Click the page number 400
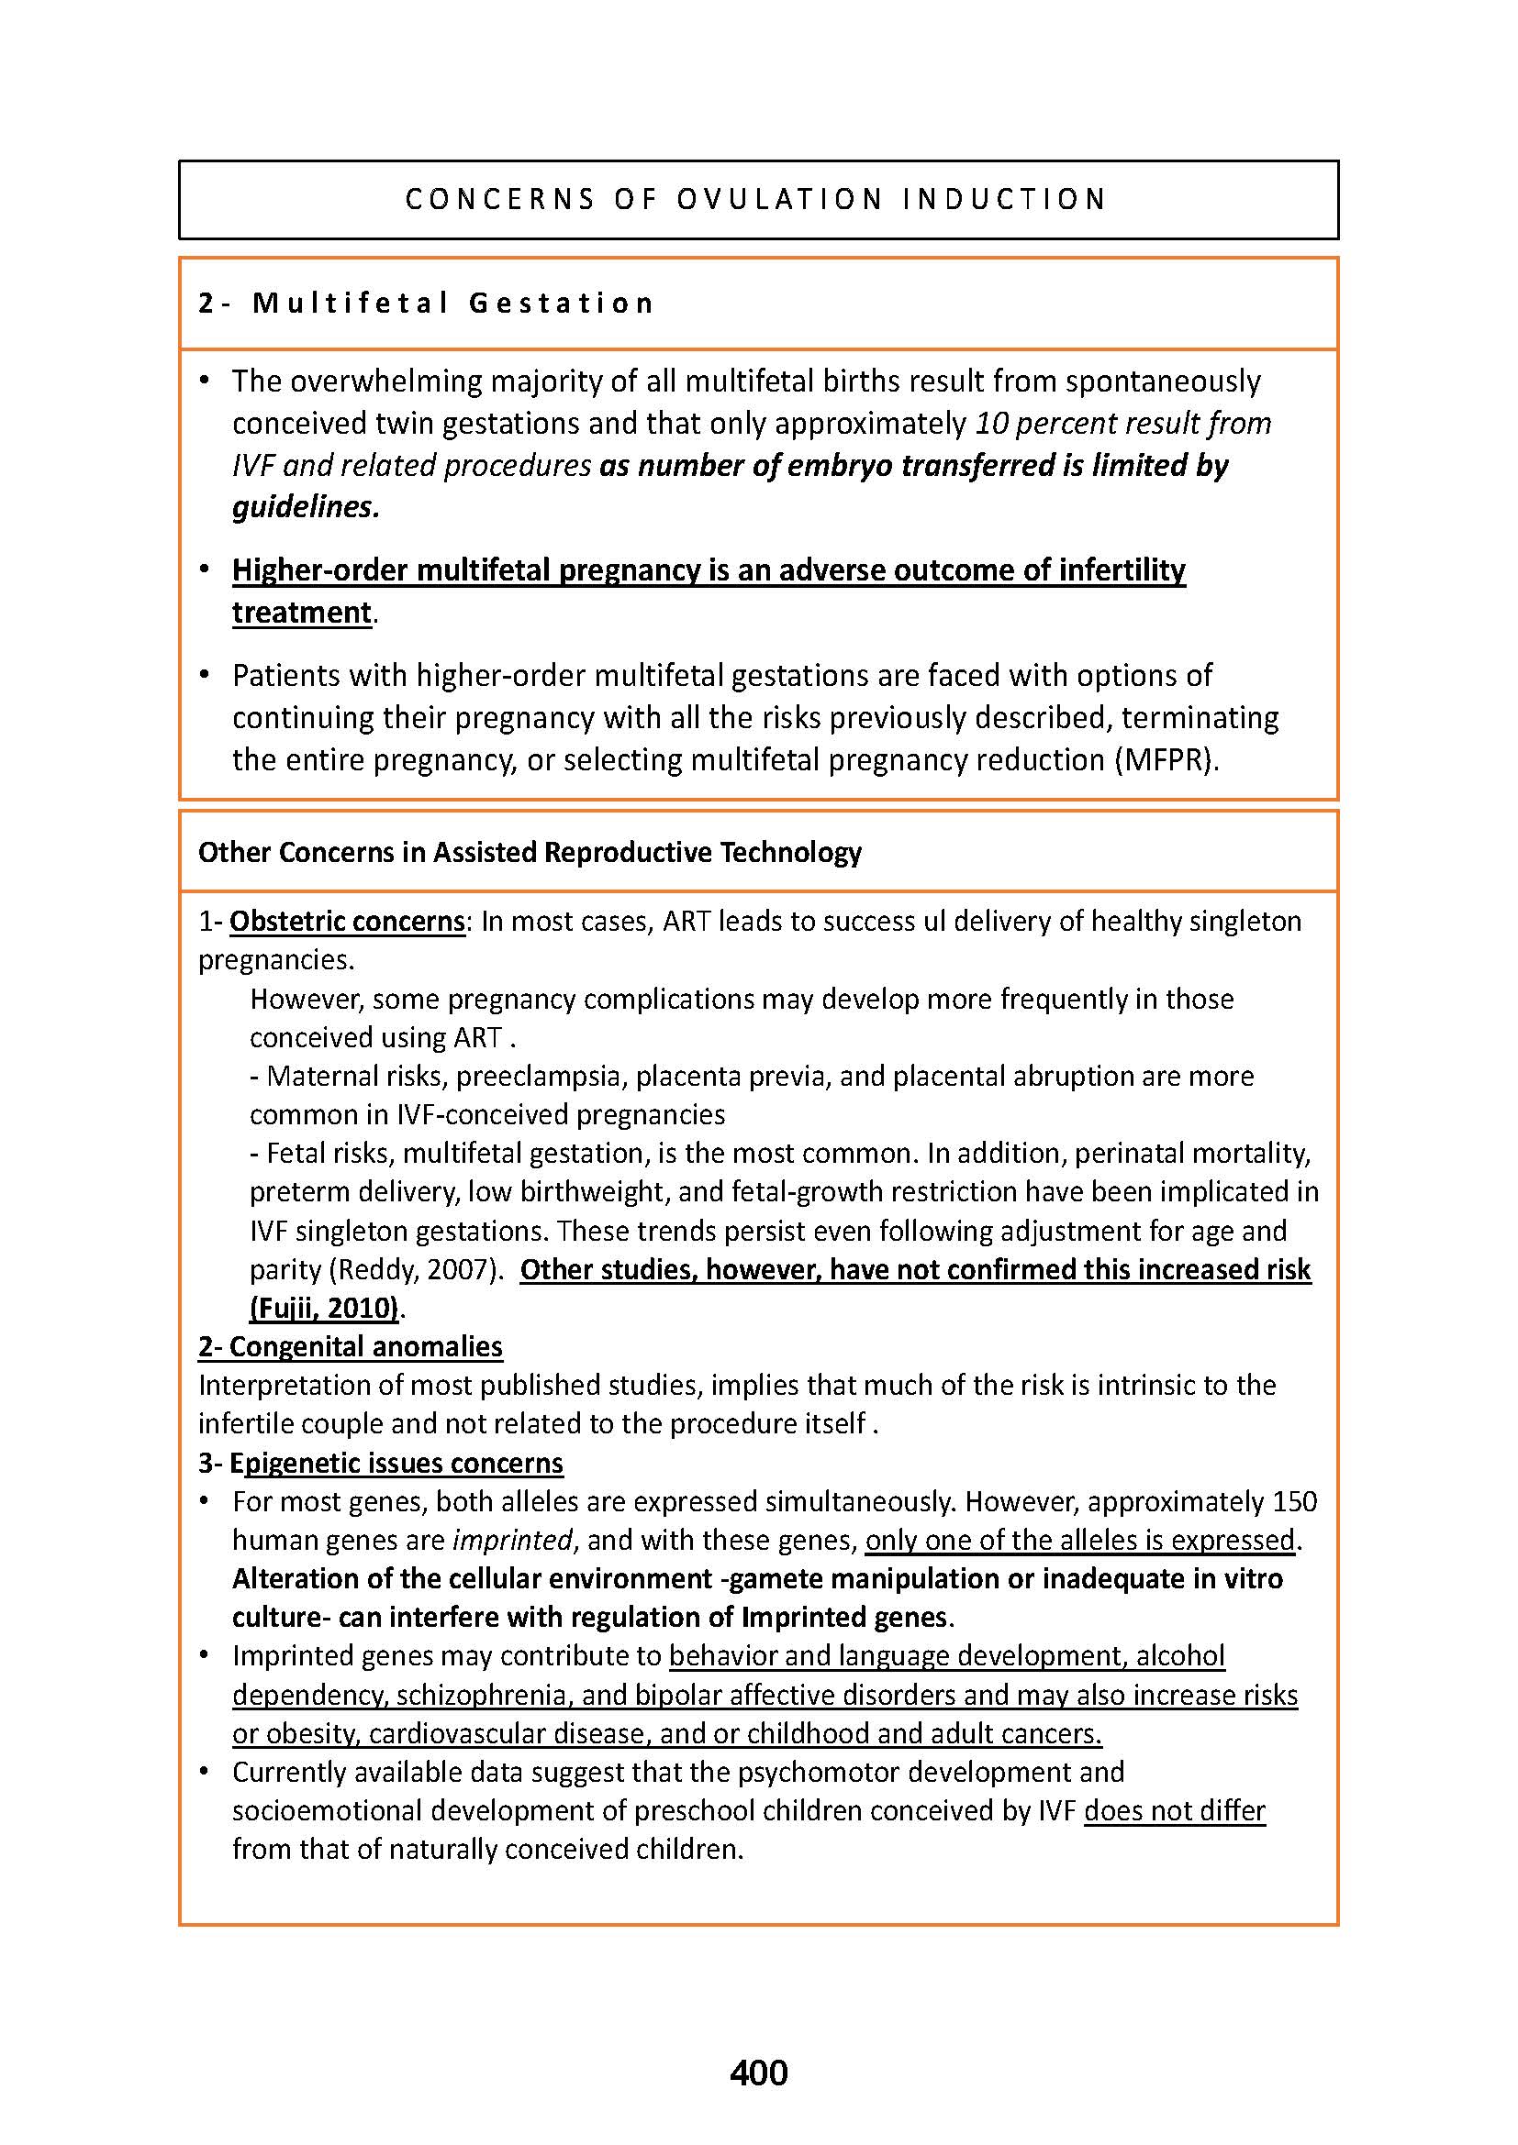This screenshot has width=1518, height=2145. click(x=758, y=2073)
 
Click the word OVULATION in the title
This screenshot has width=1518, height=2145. click(x=779, y=199)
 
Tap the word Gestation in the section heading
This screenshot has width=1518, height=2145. click(x=561, y=303)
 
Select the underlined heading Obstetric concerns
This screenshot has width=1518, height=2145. click(x=347, y=921)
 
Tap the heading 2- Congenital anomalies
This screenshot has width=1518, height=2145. click(x=351, y=1346)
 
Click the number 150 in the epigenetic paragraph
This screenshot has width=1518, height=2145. click(x=1295, y=1501)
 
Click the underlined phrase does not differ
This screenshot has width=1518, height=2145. click(x=1174, y=1810)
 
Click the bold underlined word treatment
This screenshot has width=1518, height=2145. click(x=302, y=612)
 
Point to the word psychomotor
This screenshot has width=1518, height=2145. click(x=814, y=1772)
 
